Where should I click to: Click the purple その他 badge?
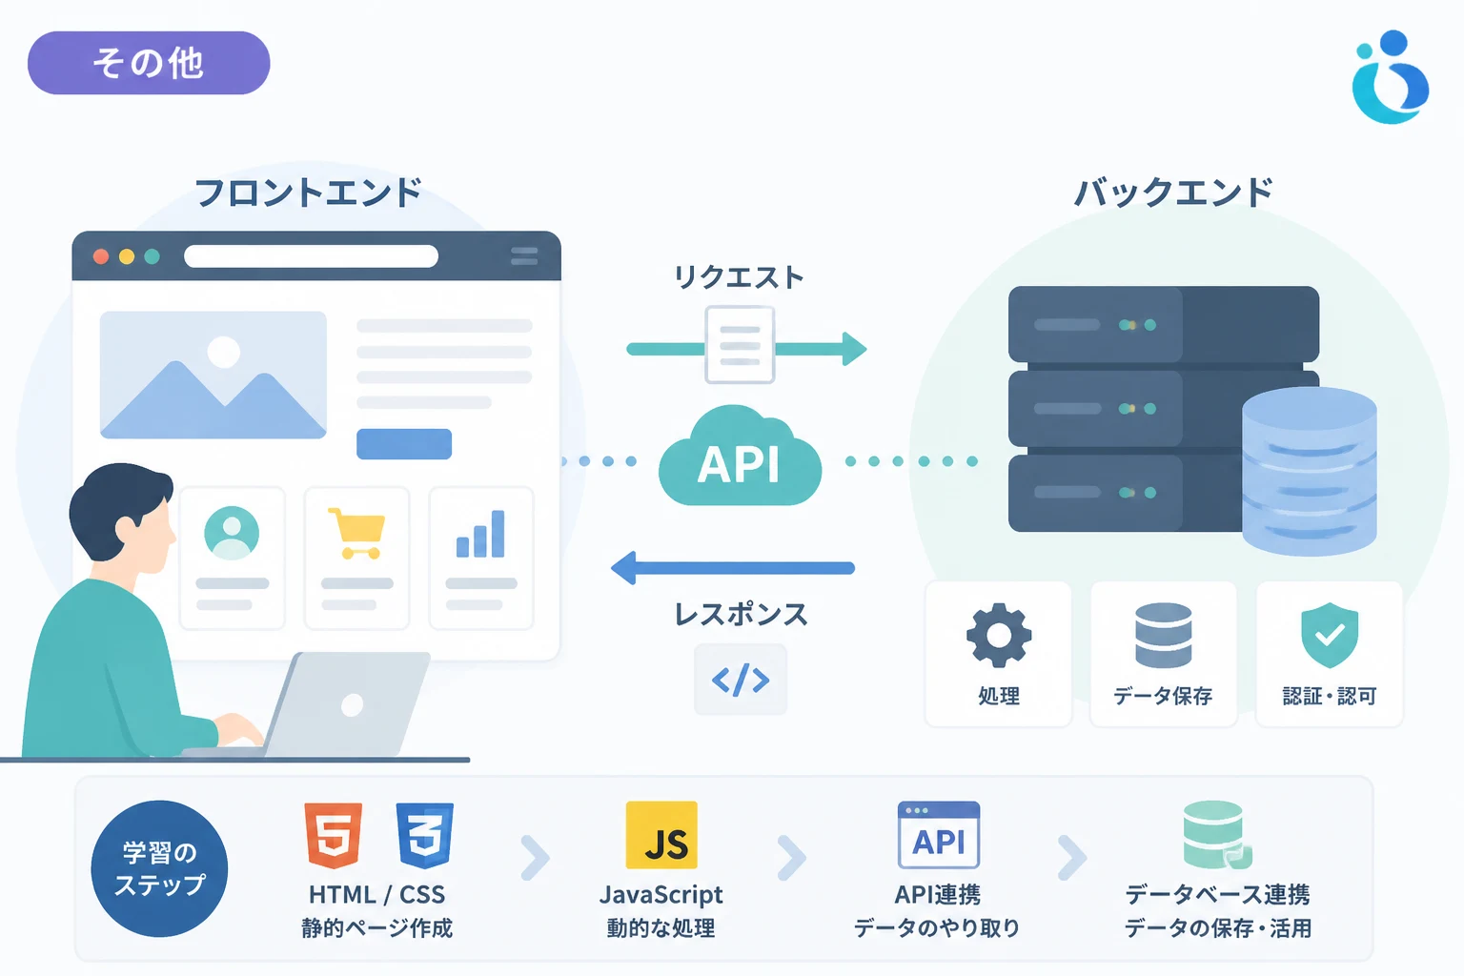pos(149,63)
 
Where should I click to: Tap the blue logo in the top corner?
pos(1391,77)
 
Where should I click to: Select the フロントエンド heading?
pos(308,193)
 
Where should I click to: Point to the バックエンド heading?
pos(1174,193)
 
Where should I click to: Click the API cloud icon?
pos(740,457)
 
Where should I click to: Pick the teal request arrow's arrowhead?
pos(854,349)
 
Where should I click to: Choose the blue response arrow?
pos(733,568)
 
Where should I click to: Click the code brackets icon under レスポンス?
pos(741,680)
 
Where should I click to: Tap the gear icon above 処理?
pos(998,636)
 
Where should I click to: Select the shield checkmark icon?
pos(1330,635)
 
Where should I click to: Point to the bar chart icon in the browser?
pos(480,534)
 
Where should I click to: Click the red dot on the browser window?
pos(101,256)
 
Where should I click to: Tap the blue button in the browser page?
pos(404,444)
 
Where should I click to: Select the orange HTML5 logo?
pos(334,836)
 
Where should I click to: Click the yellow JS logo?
pos(661,836)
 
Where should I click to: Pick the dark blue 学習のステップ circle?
pos(159,869)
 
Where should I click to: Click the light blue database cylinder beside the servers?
pos(1310,472)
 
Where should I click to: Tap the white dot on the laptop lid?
pos(353,704)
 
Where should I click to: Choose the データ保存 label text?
pos(1164,696)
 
